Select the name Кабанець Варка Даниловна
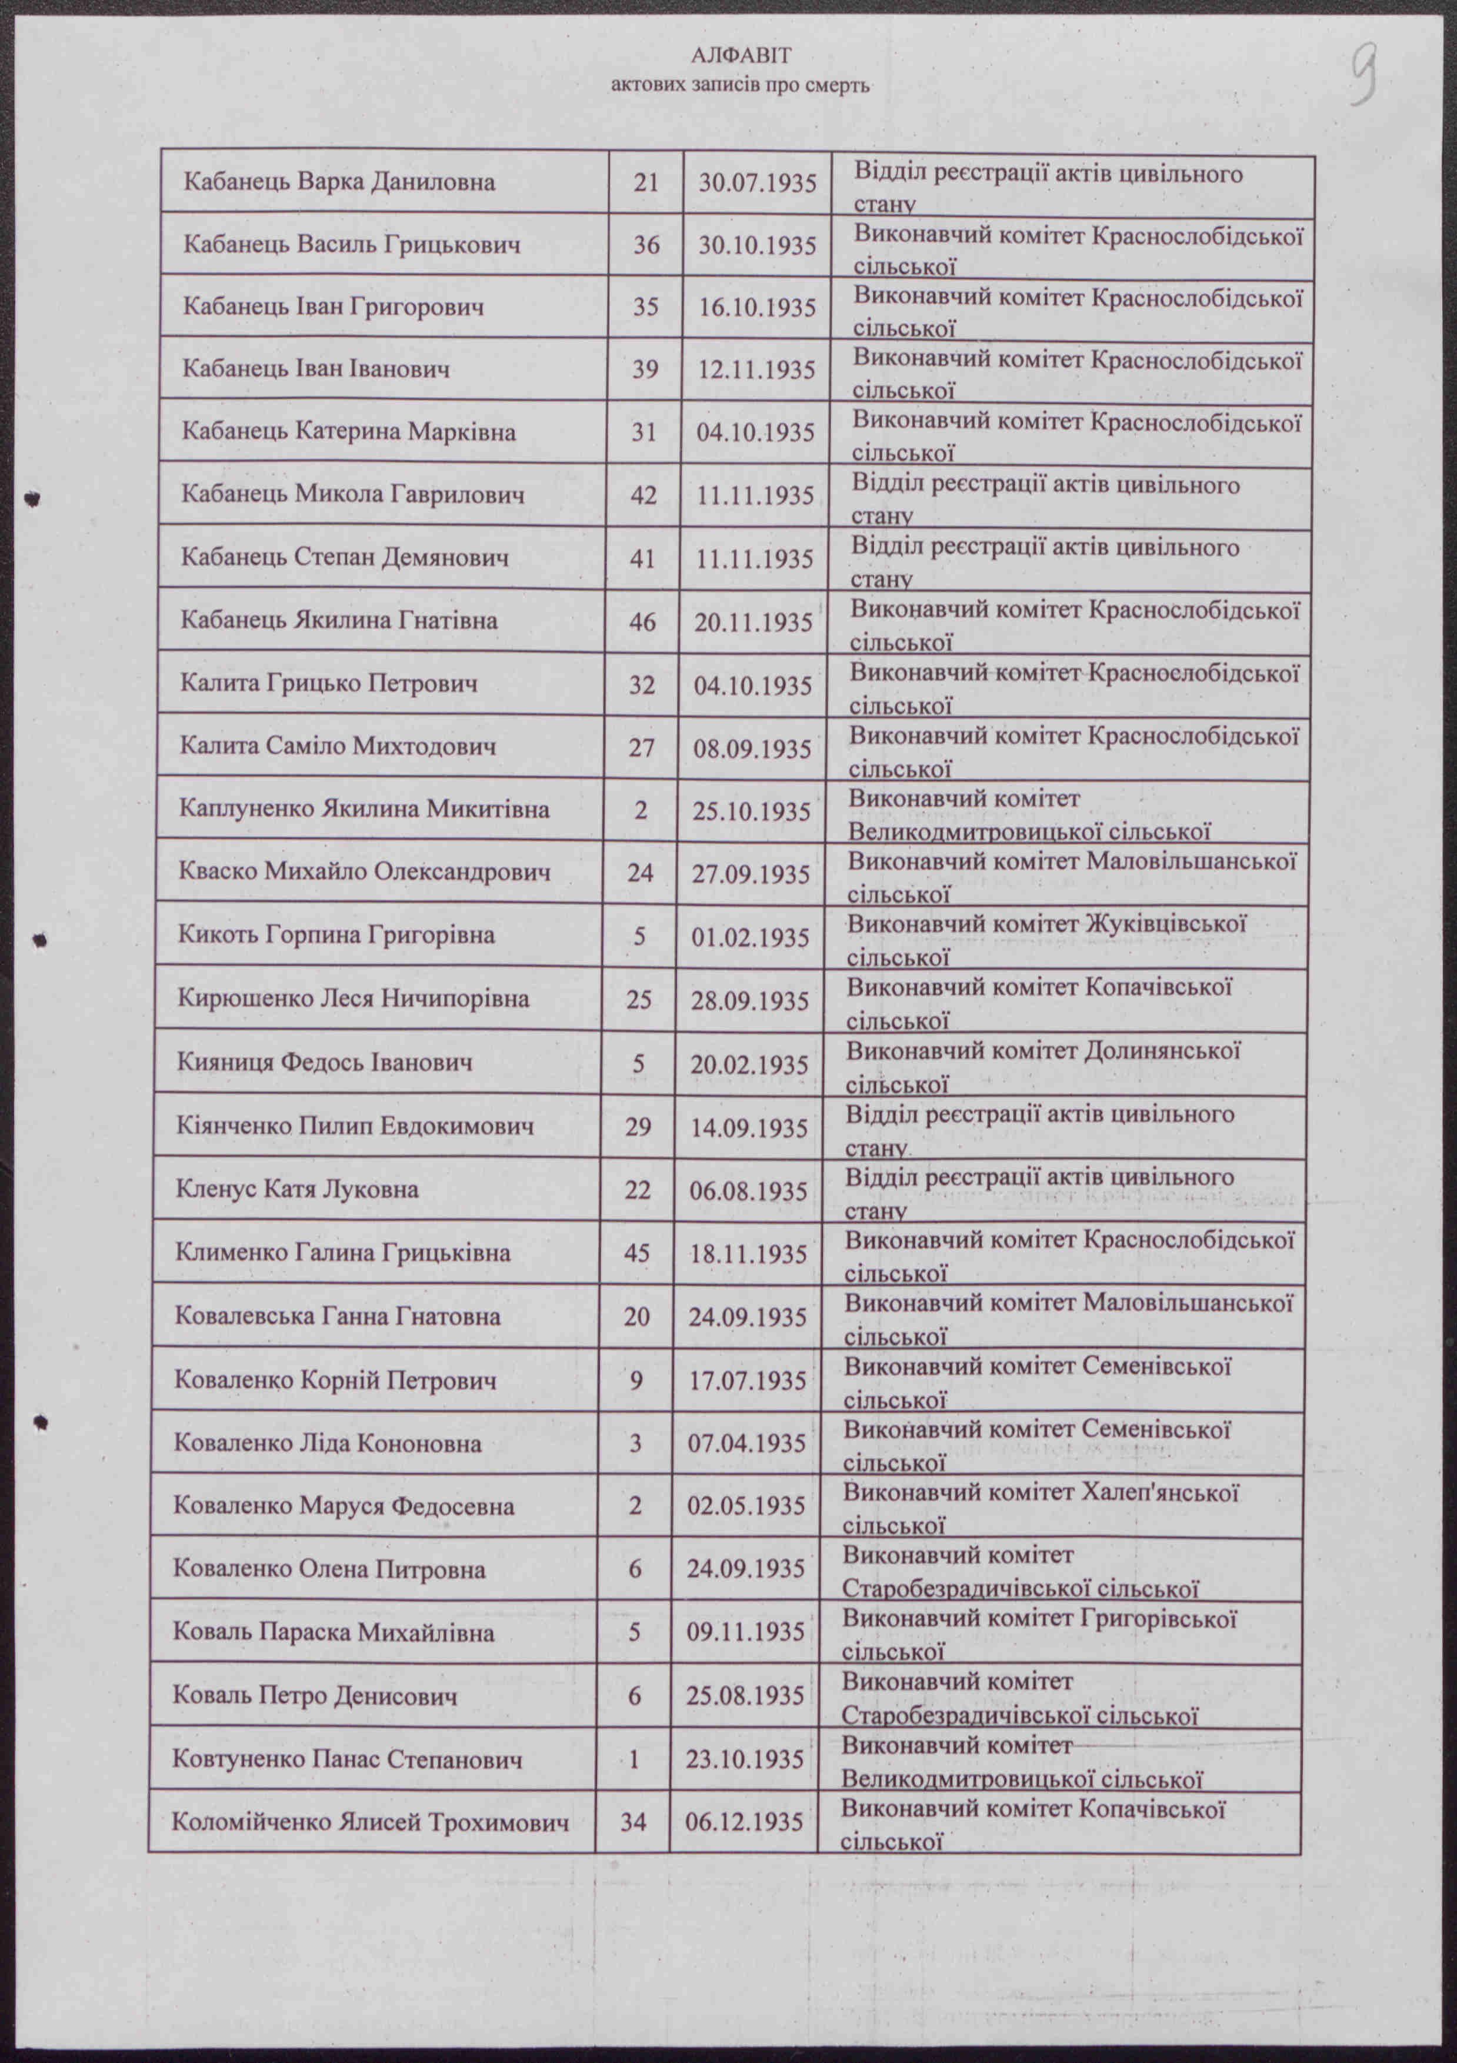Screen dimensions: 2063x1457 point(339,182)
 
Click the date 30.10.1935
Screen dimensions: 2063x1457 point(757,245)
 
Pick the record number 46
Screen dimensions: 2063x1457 point(642,622)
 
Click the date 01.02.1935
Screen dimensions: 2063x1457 point(750,937)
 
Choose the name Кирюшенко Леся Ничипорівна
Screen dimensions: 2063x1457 point(353,999)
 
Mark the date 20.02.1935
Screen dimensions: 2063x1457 point(749,1064)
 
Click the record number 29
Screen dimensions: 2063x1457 point(638,1127)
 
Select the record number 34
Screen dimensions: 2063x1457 point(634,1822)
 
